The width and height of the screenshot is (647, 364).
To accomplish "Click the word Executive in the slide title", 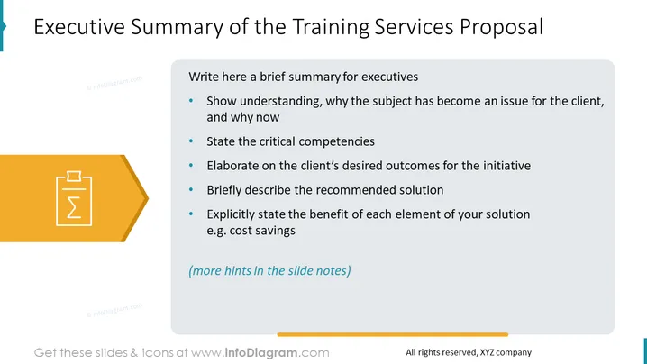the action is (79, 27).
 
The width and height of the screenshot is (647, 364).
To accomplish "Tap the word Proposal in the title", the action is (501, 28).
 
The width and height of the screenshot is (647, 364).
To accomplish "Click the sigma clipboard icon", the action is (74, 198).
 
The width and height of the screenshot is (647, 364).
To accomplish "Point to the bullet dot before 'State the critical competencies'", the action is (191, 141).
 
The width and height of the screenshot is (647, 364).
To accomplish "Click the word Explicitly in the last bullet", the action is (231, 214).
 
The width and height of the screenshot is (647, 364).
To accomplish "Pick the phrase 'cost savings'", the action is (262, 231).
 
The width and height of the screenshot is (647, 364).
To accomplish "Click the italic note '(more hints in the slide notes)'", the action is (269, 270).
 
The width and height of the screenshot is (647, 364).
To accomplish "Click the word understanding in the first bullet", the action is (280, 102).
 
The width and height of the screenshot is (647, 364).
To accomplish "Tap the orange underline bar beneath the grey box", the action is (392, 334).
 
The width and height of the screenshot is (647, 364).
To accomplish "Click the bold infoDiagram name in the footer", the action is (260, 353).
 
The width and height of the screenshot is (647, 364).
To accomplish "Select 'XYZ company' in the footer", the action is (506, 352).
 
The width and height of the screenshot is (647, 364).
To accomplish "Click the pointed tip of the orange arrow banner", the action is (148, 198).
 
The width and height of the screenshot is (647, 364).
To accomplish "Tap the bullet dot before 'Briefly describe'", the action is (191, 189).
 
